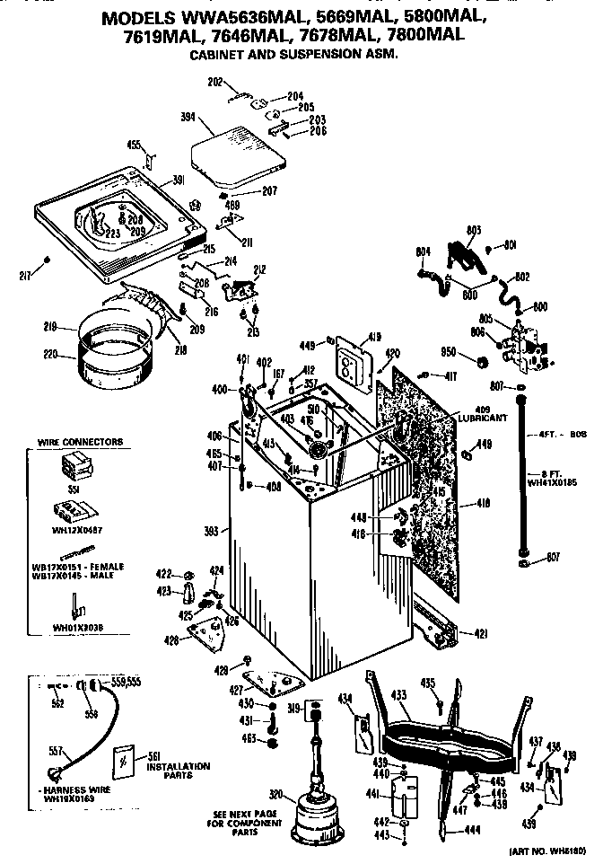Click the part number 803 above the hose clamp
coord(475,230)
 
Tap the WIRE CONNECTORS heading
coord(80,442)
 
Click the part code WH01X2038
coord(74,629)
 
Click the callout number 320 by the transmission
coord(276,793)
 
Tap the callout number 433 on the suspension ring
coord(398,694)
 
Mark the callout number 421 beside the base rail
coord(481,634)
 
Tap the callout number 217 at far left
coord(26,273)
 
